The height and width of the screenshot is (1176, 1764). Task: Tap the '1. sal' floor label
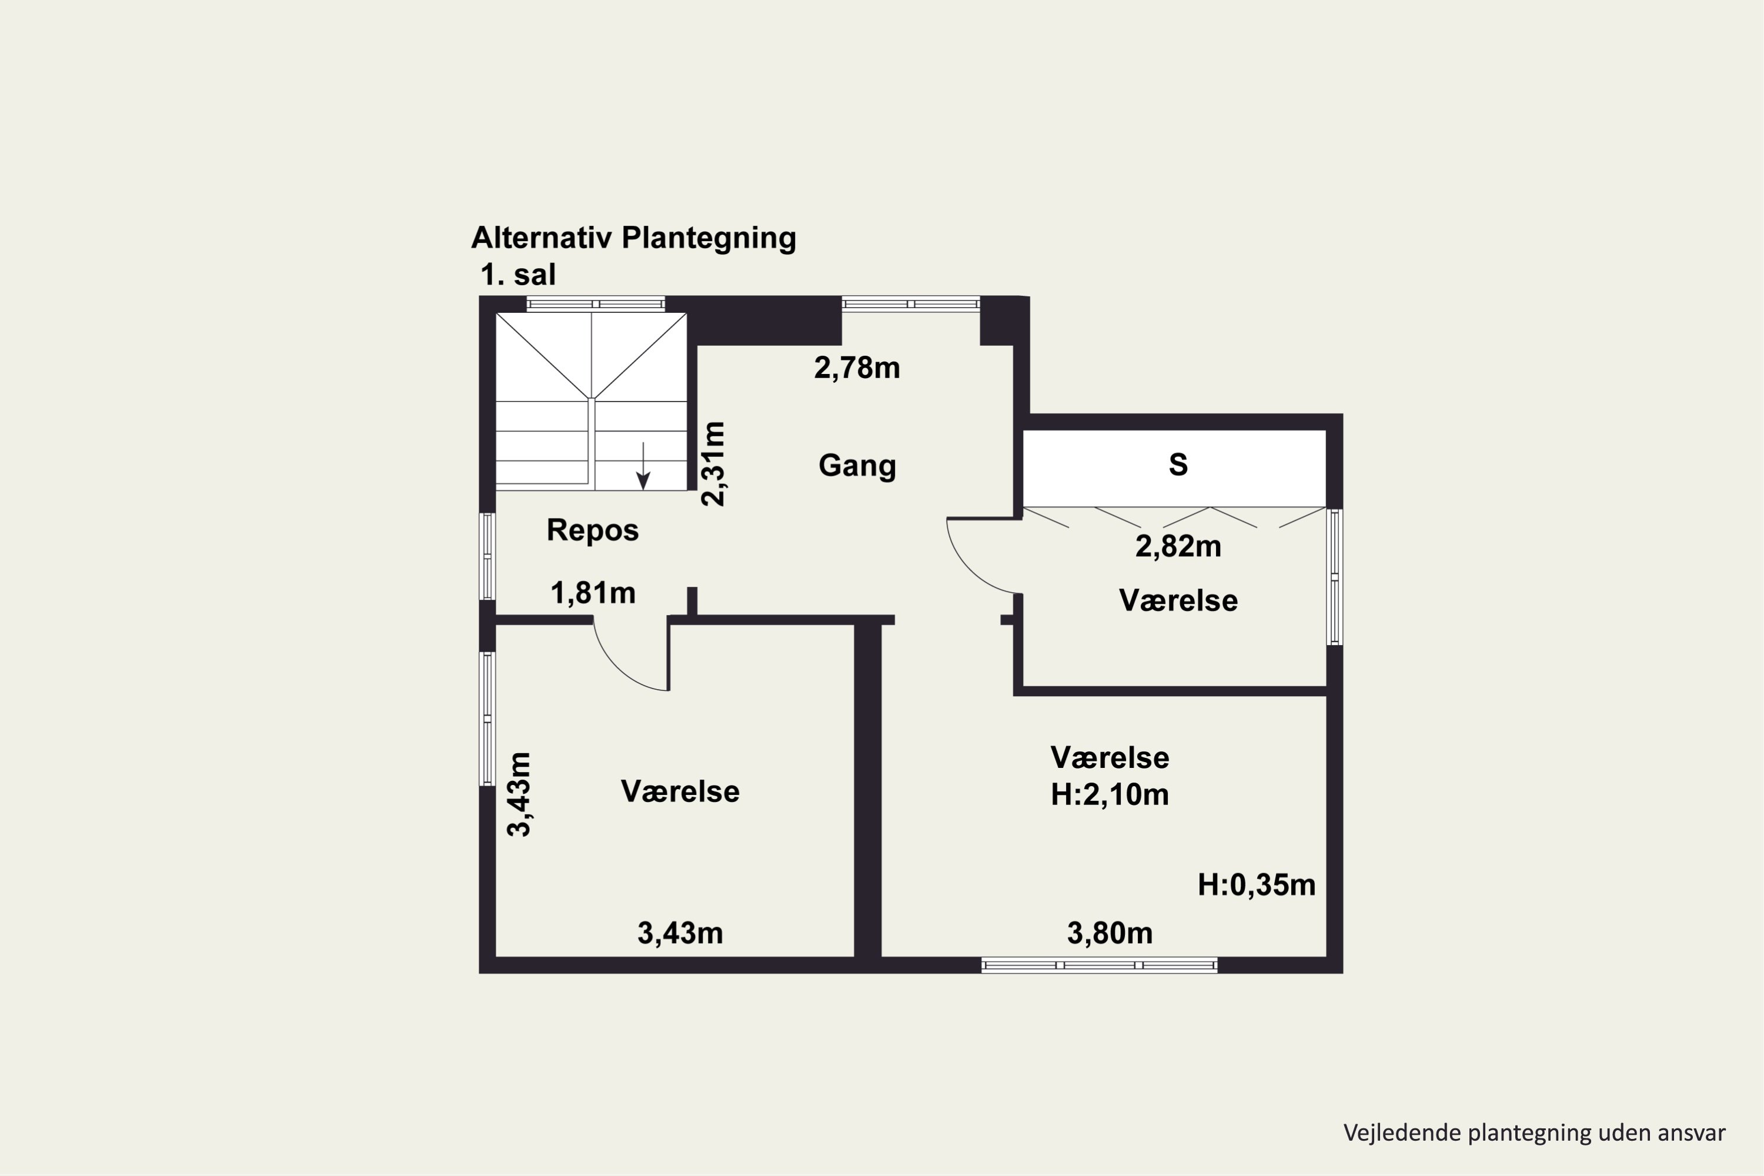pyautogui.click(x=518, y=275)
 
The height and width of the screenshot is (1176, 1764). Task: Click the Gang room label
pyautogui.click(x=857, y=466)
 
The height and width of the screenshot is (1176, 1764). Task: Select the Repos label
pyautogui.click(x=593, y=530)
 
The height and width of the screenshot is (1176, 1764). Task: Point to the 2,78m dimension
pyautogui.click(x=857, y=368)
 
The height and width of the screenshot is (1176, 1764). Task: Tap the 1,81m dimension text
pyautogui.click(x=593, y=593)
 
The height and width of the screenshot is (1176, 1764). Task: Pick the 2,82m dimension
pyautogui.click(x=1178, y=547)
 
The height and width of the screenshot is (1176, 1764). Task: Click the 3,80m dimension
pyautogui.click(x=1110, y=934)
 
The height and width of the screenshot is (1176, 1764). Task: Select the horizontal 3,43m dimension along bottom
pyautogui.click(x=680, y=934)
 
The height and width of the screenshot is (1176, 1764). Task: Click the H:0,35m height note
pyautogui.click(x=1256, y=885)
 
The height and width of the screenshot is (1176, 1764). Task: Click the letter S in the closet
pyautogui.click(x=1178, y=465)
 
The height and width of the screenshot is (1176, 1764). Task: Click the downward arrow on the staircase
pyautogui.click(x=643, y=466)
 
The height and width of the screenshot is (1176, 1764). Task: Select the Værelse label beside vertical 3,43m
pyautogui.click(x=680, y=792)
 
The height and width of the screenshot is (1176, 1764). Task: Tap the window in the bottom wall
pyautogui.click(x=1100, y=965)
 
